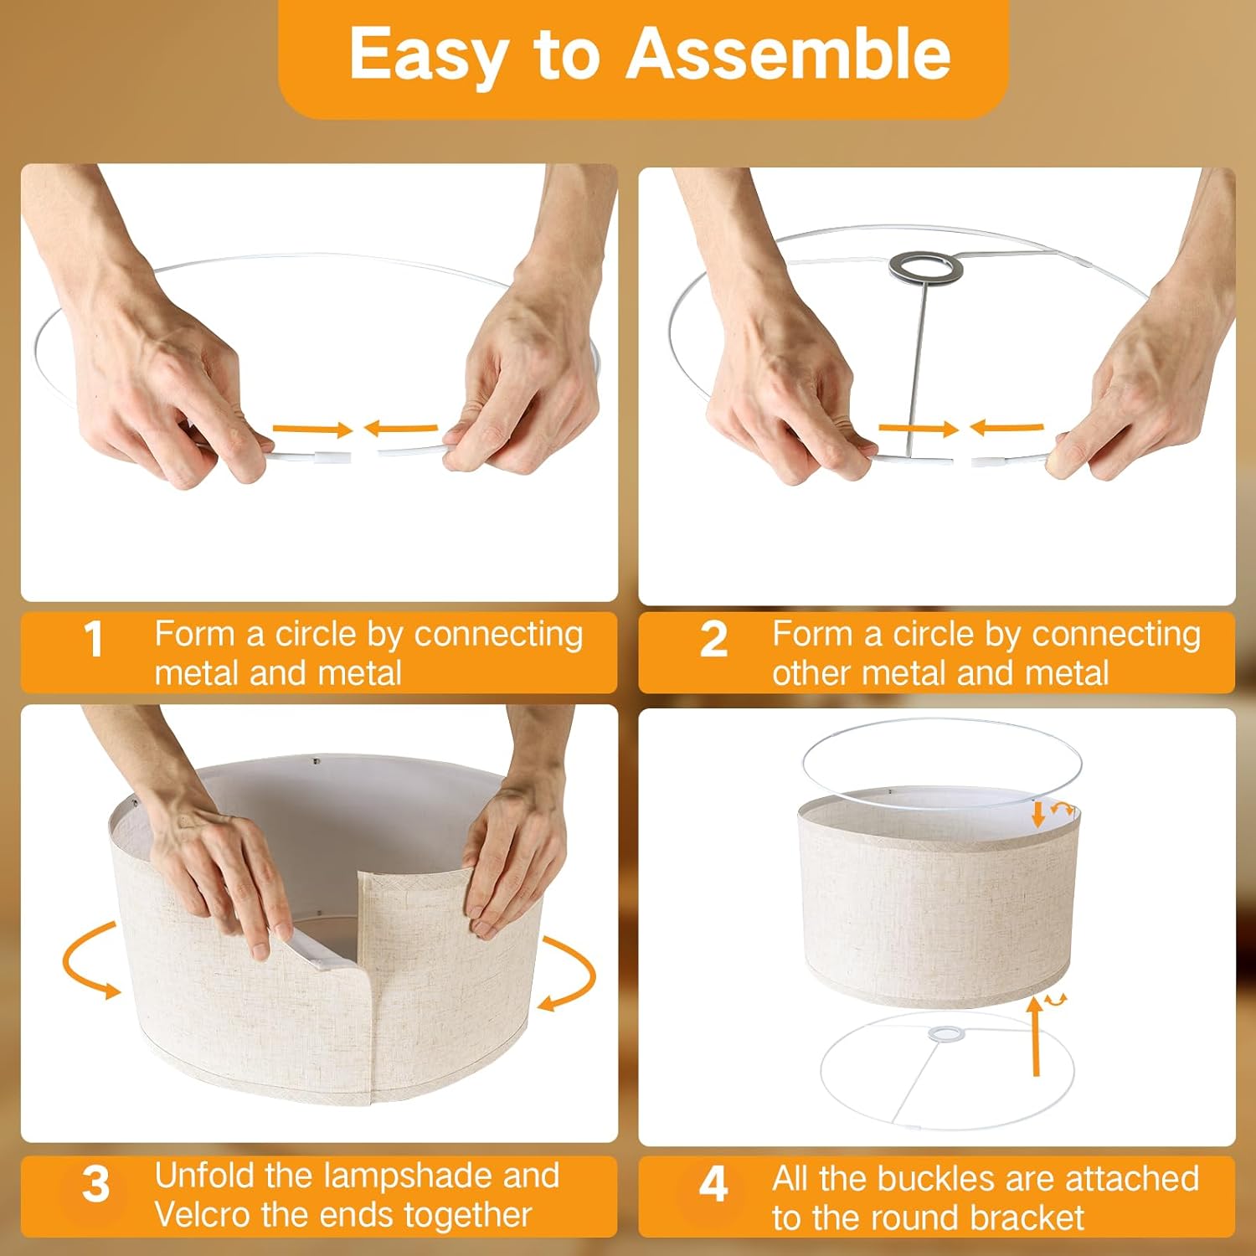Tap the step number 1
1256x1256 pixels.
pos(94,641)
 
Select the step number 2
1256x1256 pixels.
pos(713,641)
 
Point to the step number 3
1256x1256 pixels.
pos(95,1185)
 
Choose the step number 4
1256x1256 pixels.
pos(713,1185)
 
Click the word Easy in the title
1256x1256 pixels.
pos(427,54)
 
